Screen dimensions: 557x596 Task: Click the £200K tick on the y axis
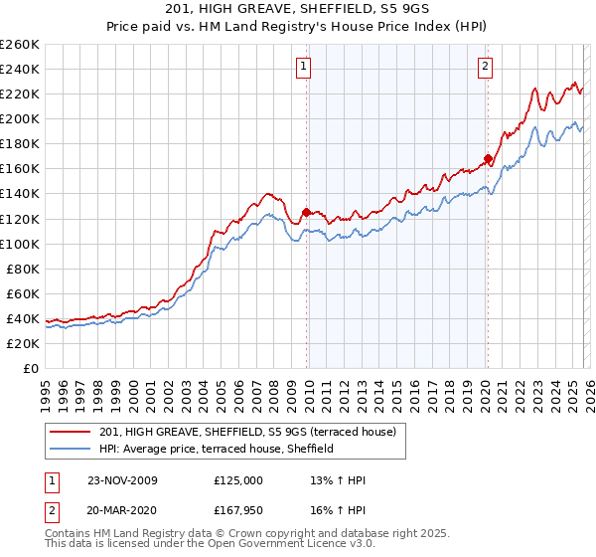20,118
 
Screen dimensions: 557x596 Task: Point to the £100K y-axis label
20,244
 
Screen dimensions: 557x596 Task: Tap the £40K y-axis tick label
23,318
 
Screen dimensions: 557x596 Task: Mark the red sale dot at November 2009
306,212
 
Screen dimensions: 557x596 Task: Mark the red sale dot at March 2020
488,158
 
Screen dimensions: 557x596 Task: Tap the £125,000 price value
237,480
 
